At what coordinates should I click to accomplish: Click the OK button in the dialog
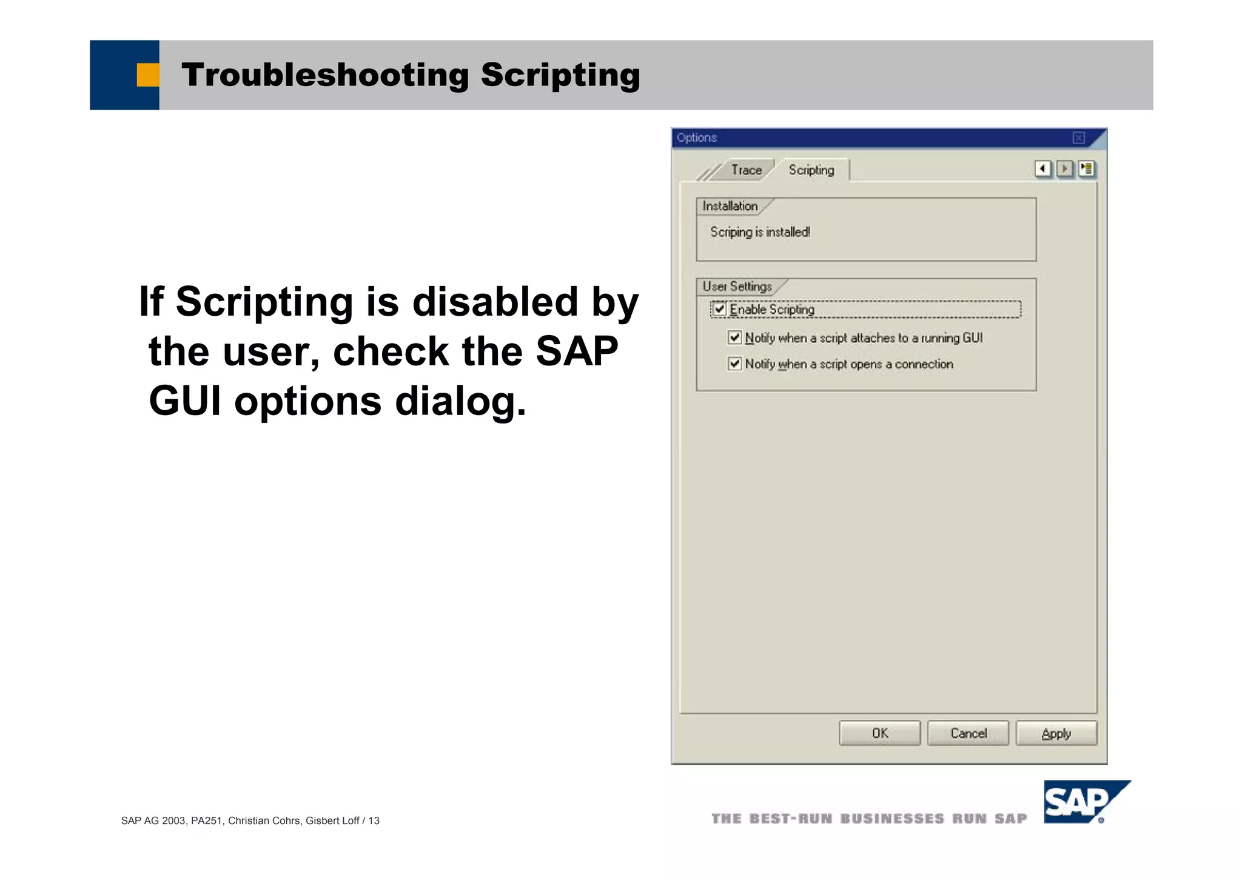coord(879,733)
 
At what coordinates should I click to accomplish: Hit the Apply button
coord(1056,733)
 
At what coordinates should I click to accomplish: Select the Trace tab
coord(746,170)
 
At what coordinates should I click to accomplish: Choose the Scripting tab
coord(811,170)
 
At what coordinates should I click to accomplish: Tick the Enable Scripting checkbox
coord(720,309)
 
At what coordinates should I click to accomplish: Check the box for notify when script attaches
coord(734,338)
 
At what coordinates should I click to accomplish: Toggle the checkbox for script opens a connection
coord(734,364)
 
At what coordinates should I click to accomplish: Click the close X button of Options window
coord(1078,138)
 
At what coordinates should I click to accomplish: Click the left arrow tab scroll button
coord(1042,168)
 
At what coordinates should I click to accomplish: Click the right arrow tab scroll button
coord(1064,168)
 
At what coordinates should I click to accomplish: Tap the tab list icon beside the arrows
coord(1087,168)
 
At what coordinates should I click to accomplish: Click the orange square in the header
coord(148,75)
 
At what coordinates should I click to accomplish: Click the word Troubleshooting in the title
coord(325,75)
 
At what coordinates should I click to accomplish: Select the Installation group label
coord(730,207)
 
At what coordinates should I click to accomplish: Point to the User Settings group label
coord(737,287)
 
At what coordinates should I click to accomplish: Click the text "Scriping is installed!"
coord(760,232)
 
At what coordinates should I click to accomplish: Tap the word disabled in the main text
coord(495,301)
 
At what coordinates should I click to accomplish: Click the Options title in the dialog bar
coord(697,138)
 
